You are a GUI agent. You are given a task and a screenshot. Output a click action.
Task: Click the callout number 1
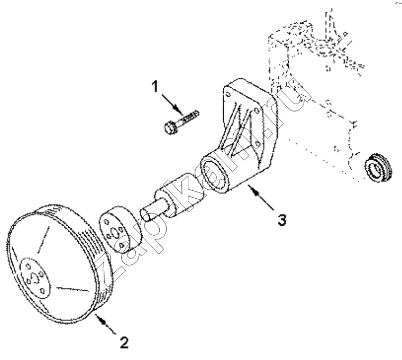pyautogui.click(x=155, y=86)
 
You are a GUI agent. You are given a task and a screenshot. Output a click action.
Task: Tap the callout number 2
pyautogui.click(x=124, y=343)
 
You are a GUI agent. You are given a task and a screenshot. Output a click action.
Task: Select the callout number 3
pyautogui.click(x=282, y=220)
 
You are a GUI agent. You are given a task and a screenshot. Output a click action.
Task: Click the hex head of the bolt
pyautogui.click(x=170, y=127)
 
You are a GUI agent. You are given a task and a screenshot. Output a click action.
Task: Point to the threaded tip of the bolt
pyautogui.click(x=193, y=115)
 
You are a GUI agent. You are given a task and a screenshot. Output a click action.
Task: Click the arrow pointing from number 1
pyautogui.click(x=172, y=104)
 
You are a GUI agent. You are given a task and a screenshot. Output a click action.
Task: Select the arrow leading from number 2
pyautogui.click(x=106, y=324)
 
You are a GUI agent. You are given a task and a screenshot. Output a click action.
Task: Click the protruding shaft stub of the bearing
pyautogui.click(x=152, y=209)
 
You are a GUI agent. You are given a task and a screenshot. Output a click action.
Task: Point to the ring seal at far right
pyautogui.click(x=378, y=168)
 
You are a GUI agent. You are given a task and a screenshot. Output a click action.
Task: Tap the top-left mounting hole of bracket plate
pyautogui.click(x=227, y=95)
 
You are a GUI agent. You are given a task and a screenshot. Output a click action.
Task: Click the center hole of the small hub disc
pyautogui.click(x=114, y=233)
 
